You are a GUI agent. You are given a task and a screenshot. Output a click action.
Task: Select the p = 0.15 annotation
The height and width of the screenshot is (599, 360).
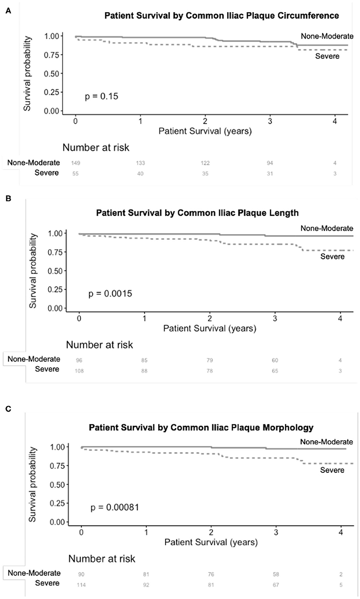click(102, 96)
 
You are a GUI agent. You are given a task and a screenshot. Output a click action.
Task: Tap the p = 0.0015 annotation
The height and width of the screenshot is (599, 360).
click(110, 294)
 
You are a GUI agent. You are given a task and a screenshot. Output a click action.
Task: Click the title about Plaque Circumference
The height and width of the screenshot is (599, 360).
click(221, 16)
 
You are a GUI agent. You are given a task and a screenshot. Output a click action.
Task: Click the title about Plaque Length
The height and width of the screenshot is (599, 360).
click(197, 213)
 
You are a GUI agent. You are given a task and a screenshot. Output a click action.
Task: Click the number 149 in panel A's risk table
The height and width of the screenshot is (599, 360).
click(76, 162)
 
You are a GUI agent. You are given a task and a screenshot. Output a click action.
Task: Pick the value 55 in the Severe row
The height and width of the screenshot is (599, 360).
click(76, 173)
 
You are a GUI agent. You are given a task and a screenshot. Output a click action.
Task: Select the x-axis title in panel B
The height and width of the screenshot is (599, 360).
click(209, 328)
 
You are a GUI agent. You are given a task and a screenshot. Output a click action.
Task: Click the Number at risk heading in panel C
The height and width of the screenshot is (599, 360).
click(102, 558)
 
